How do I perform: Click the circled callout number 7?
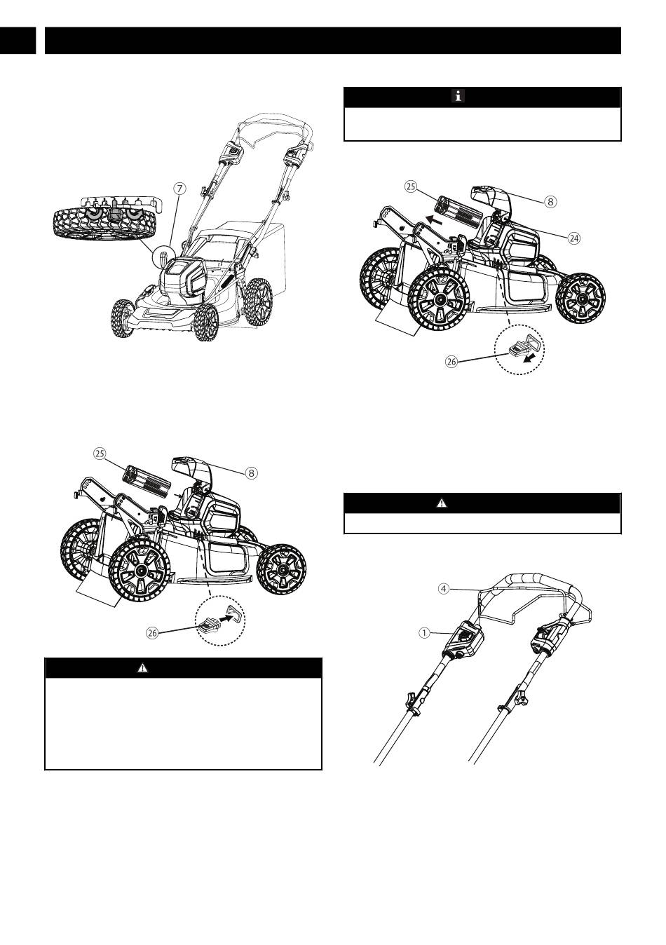(180, 188)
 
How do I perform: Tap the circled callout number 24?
(574, 238)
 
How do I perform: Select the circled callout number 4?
(443, 588)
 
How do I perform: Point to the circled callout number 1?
(424, 632)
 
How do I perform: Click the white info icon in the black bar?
(457, 97)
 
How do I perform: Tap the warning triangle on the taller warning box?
(142, 667)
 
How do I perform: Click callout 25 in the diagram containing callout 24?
(411, 186)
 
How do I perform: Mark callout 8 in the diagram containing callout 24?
(551, 201)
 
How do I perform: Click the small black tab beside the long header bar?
(18, 41)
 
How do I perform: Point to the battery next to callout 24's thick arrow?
(460, 206)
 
